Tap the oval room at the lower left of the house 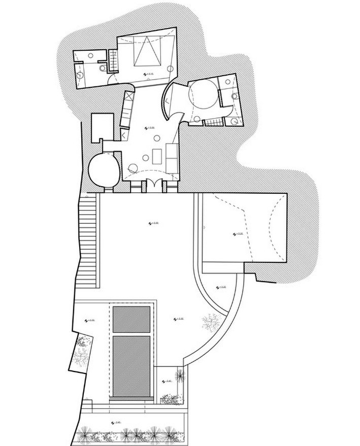pyautogui.click(x=104, y=170)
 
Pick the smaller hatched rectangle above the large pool pyautogui.click(x=131, y=318)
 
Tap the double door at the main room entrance pyautogui.click(x=154, y=184)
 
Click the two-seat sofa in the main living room pyautogui.click(x=172, y=155)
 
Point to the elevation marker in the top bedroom pyautogui.click(x=147, y=74)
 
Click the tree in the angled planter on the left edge pyautogui.click(x=81, y=351)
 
